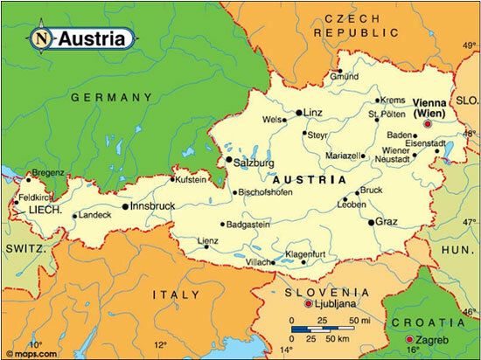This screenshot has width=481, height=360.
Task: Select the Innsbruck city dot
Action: pos(126,207)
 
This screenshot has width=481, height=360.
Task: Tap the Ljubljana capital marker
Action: pos(308,304)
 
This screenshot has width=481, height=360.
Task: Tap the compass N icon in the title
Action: pos(41,38)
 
